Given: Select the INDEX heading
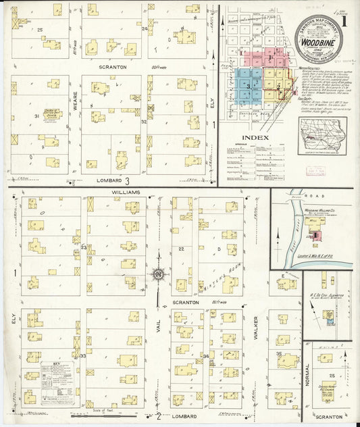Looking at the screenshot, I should click(260, 137).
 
